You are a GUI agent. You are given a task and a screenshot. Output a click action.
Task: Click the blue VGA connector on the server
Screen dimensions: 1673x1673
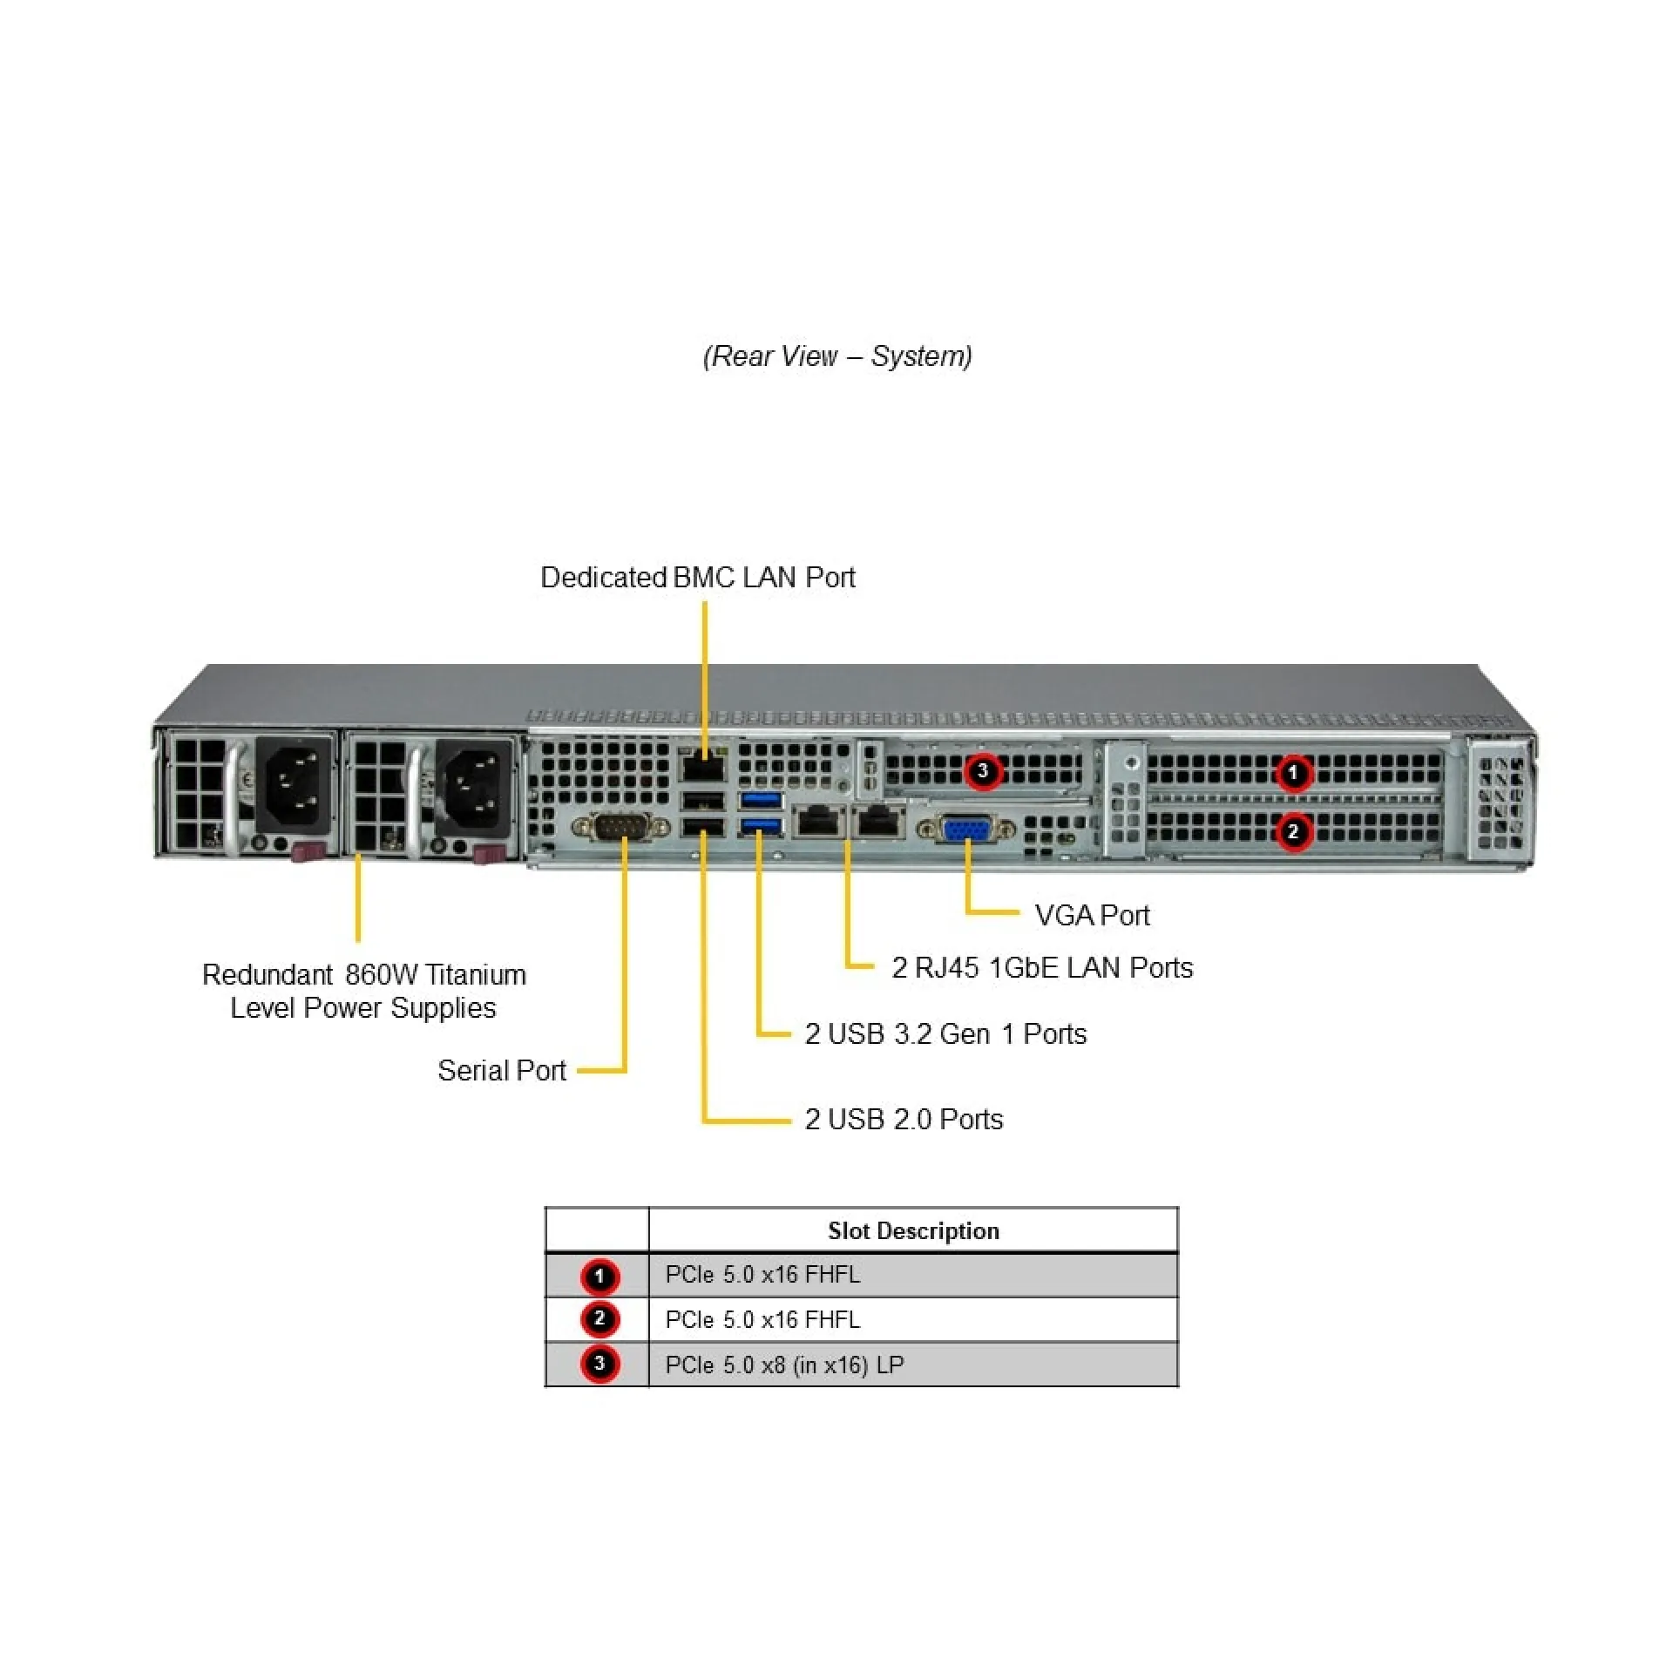click(x=965, y=829)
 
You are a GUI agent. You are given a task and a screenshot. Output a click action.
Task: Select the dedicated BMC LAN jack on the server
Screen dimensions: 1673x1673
click(x=702, y=768)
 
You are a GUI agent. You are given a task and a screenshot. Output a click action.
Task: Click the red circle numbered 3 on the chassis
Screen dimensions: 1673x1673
click(x=983, y=771)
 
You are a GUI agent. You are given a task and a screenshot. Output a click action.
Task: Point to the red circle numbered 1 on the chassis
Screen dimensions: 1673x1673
click(x=1293, y=773)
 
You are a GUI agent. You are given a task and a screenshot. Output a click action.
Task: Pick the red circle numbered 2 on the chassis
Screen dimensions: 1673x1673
click(x=1293, y=832)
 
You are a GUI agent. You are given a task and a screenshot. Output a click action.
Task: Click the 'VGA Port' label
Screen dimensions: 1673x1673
click(x=1092, y=916)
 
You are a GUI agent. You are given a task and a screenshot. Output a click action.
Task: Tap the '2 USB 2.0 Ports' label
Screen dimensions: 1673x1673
click(x=904, y=1120)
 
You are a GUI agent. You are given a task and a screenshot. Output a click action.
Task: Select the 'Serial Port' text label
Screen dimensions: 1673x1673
click(x=502, y=1071)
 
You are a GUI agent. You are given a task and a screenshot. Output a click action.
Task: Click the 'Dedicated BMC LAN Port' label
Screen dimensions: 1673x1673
click(x=697, y=578)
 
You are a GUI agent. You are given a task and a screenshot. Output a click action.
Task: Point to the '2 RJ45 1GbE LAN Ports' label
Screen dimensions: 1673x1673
click(x=1042, y=968)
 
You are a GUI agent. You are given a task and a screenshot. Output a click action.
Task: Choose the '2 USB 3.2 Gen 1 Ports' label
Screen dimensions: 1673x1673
click(x=945, y=1034)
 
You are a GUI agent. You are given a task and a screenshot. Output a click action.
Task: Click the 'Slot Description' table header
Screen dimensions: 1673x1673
click(x=913, y=1231)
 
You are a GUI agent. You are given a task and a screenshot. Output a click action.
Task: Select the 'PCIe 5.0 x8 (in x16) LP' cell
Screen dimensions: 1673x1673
click(x=784, y=1365)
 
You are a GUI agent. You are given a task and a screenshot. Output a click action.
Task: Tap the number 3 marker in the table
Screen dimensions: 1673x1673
click(x=599, y=1365)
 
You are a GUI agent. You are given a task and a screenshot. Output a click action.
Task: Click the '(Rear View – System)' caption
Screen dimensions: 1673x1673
click(x=837, y=356)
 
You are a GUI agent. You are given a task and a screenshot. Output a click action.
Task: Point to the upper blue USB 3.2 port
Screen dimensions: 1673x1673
click(x=762, y=801)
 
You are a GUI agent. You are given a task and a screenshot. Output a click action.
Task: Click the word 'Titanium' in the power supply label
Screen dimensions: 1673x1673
click(x=475, y=975)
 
